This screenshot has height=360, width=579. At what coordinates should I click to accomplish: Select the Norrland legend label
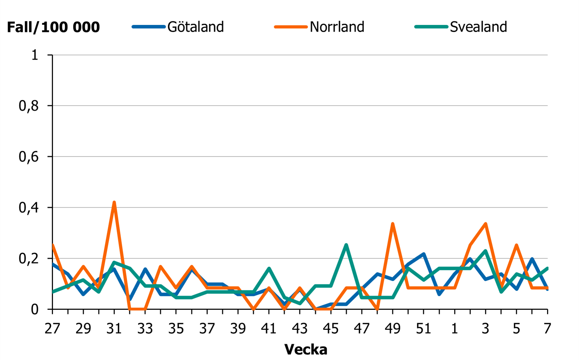337,27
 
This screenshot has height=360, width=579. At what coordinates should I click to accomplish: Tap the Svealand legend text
478,27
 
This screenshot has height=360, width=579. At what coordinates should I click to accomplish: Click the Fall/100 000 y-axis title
53,27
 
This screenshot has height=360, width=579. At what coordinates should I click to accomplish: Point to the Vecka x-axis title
306,349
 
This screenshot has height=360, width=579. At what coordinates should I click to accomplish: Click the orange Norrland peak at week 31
114,202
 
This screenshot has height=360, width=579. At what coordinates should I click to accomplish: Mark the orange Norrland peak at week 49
393,224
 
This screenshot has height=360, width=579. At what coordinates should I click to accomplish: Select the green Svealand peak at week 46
346,245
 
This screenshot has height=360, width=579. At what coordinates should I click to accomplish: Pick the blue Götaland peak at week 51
424,254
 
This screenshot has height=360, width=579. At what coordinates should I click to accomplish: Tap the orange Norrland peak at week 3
486,224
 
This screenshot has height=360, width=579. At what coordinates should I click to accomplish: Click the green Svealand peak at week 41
269,268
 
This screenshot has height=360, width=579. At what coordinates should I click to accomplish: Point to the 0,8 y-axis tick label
28,106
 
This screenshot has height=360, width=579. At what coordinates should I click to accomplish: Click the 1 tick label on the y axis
34,55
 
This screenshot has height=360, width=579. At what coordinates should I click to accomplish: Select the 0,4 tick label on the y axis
28,208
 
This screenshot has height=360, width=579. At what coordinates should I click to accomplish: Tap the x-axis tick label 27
52,329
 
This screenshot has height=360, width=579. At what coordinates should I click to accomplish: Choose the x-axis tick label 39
238,329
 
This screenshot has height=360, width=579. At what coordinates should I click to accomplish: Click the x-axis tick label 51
424,329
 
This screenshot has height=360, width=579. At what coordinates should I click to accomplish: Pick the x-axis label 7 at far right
547,329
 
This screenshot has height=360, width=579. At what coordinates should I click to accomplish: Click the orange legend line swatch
291,27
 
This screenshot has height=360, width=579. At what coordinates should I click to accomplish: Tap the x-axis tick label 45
331,329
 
